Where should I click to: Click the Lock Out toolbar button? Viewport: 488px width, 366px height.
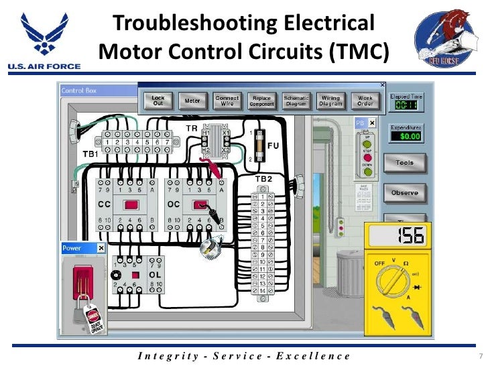tap(158, 101)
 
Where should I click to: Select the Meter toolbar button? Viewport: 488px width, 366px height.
tap(192, 101)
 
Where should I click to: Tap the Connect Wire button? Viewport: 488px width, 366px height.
tap(227, 101)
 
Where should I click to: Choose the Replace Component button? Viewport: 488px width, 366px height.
tap(261, 101)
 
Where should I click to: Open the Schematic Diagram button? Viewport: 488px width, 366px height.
tap(296, 101)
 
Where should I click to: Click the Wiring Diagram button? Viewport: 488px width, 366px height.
tap(330, 101)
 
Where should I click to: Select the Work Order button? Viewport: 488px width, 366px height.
tap(365, 101)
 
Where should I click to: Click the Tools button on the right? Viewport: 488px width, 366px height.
tap(404, 163)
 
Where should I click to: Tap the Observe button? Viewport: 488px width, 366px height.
tap(404, 193)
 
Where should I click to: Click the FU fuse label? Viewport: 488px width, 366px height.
tap(273, 145)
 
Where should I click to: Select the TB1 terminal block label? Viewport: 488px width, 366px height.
tap(90, 154)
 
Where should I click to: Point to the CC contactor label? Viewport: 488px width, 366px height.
tap(105, 204)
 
